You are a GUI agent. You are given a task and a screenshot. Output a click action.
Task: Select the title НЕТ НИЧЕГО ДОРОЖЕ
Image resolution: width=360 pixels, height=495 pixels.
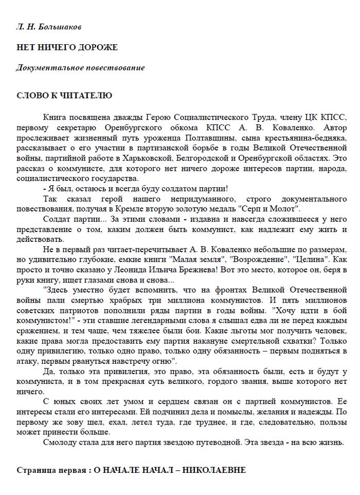pyautogui.click(x=67, y=47)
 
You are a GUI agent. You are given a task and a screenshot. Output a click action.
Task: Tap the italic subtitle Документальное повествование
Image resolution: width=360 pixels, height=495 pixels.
pyautogui.click(x=81, y=68)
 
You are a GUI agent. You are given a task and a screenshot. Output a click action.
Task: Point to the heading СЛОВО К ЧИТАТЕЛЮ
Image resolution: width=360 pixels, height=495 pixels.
pyautogui.click(x=64, y=95)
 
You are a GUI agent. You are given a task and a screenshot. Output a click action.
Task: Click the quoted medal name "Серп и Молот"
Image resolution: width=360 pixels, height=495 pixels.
pyautogui.click(x=271, y=208)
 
